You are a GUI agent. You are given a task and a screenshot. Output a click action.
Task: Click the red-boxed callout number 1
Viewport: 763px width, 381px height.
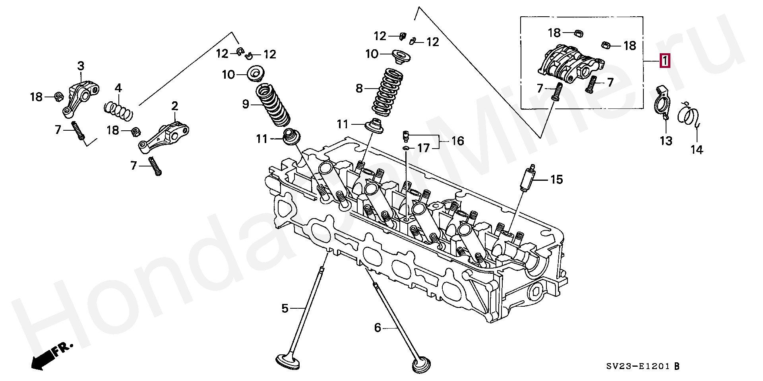[x=664, y=61]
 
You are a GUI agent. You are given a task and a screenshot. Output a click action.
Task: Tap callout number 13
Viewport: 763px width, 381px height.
[x=666, y=141]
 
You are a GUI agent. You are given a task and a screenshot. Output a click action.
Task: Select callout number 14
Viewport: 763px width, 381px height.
[x=697, y=150]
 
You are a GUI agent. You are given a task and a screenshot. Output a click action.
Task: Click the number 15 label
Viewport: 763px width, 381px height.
[x=556, y=180]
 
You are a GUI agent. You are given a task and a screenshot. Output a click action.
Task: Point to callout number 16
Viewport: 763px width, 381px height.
[x=457, y=141]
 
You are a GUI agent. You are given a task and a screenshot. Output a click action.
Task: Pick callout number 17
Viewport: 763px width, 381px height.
[x=424, y=148]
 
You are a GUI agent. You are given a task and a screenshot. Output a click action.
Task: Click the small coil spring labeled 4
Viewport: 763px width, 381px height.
[x=118, y=111]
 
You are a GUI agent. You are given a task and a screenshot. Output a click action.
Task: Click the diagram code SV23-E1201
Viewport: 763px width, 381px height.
[x=638, y=366]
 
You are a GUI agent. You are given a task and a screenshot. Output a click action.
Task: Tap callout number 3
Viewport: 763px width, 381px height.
[x=81, y=66]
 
